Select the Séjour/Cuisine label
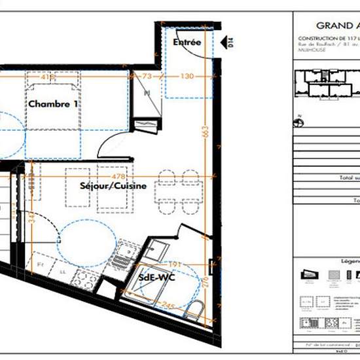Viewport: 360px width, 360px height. [118, 186]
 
